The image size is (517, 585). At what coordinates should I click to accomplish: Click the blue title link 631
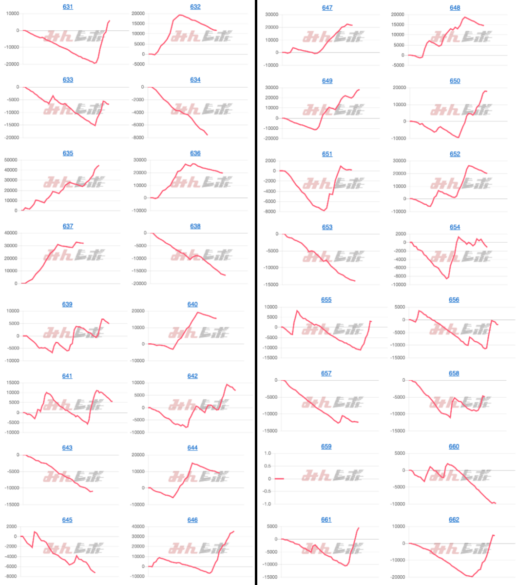pyautogui.click(x=68, y=7)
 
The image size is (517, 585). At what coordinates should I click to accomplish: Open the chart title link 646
pyautogui.click(x=192, y=520)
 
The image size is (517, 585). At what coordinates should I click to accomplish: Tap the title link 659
pyautogui.click(x=326, y=447)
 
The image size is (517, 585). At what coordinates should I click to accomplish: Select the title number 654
pyautogui.click(x=455, y=227)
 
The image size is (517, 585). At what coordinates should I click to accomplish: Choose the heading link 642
pyautogui.click(x=192, y=376)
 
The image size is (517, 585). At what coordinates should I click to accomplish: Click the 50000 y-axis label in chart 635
pyautogui.click(x=11, y=160)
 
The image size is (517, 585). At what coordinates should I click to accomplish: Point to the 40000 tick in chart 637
pyautogui.click(x=11, y=233)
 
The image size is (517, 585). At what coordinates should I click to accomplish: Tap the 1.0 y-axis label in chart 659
pyautogui.click(x=267, y=453)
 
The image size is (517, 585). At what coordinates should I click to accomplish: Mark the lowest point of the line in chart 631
pyautogui.click(x=95, y=63)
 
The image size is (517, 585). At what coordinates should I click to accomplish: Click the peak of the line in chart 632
pyautogui.click(x=180, y=15)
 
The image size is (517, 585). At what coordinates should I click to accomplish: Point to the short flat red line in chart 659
pyautogui.click(x=279, y=479)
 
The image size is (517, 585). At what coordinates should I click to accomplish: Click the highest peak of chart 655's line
pyautogui.click(x=297, y=311)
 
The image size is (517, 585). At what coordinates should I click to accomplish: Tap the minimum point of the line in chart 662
pyautogui.click(x=472, y=577)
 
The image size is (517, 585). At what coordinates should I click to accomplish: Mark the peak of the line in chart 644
pyautogui.click(x=192, y=463)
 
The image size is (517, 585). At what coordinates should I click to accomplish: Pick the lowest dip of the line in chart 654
pyautogui.click(x=446, y=278)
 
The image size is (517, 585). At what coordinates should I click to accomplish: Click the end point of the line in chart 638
pyautogui.click(x=225, y=275)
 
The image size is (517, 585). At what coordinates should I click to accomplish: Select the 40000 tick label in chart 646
pyautogui.click(x=138, y=526)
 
